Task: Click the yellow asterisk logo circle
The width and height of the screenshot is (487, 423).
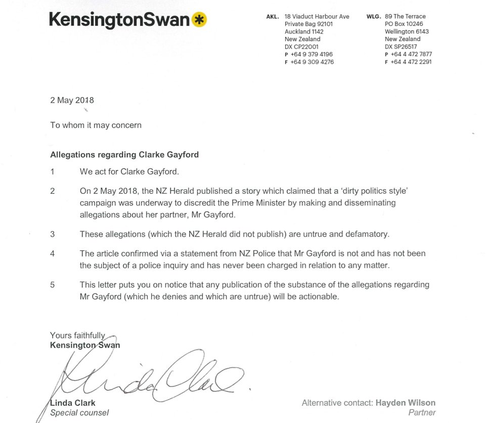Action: (200, 20)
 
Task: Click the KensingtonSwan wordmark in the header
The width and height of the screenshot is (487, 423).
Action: (119, 20)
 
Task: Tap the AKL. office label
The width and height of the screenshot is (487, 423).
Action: (272, 17)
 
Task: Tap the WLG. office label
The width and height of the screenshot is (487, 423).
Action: (373, 17)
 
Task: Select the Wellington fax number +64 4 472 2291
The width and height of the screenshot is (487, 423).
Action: (411, 62)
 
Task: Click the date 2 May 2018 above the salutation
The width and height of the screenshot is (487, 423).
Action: (72, 100)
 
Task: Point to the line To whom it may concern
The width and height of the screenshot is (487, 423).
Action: (96, 125)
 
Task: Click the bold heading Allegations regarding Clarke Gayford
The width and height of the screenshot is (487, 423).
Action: (124, 155)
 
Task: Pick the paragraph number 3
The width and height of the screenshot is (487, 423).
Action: (53, 234)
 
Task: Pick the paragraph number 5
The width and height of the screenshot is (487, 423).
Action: (53, 285)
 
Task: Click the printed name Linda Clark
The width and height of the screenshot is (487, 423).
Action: (73, 403)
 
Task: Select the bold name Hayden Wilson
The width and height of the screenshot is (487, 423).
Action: (405, 403)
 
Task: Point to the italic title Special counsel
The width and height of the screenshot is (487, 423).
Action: (79, 413)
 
